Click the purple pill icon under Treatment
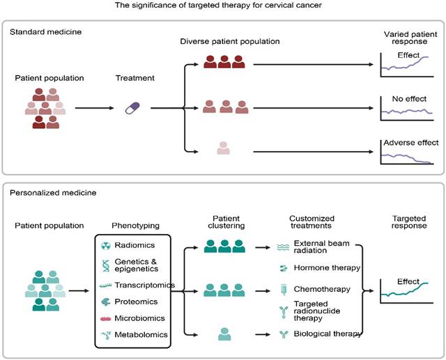pos(132,108)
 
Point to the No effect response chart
pos(408,106)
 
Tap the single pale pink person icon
pos(224,148)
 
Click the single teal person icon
pos(224,334)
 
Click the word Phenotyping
pos(136,226)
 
